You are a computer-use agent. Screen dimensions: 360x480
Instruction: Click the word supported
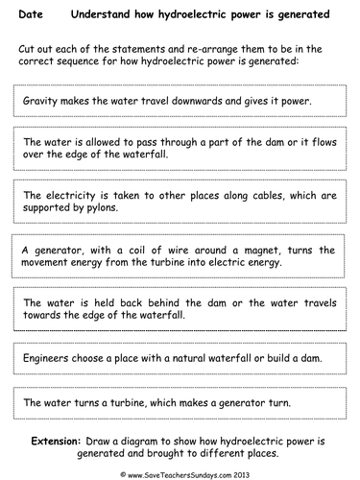point(51,207)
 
